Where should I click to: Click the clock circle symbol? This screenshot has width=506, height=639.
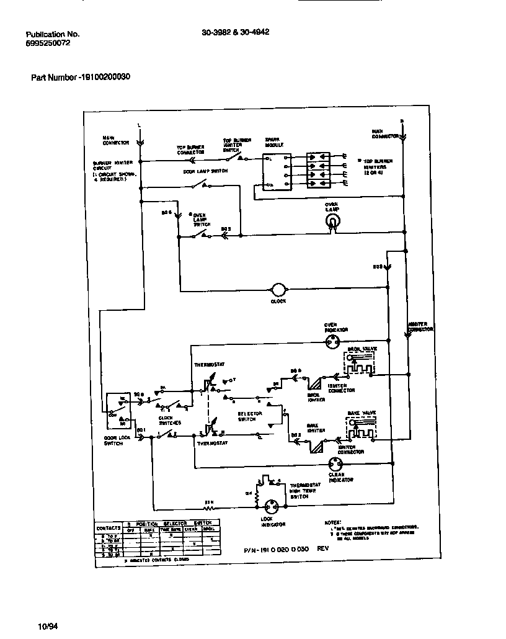coord(278,290)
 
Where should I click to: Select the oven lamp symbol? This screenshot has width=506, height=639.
coord(334,221)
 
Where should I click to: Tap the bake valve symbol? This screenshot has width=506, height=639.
coord(361,427)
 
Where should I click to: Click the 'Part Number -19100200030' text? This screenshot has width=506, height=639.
coord(81,78)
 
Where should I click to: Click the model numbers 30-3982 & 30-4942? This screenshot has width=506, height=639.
coord(236,34)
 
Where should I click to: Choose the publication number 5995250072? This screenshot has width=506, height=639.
coord(49,45)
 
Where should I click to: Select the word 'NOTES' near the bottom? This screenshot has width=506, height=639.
coord(333,522)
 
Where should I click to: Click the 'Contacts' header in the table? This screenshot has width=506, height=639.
coord(110,528)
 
